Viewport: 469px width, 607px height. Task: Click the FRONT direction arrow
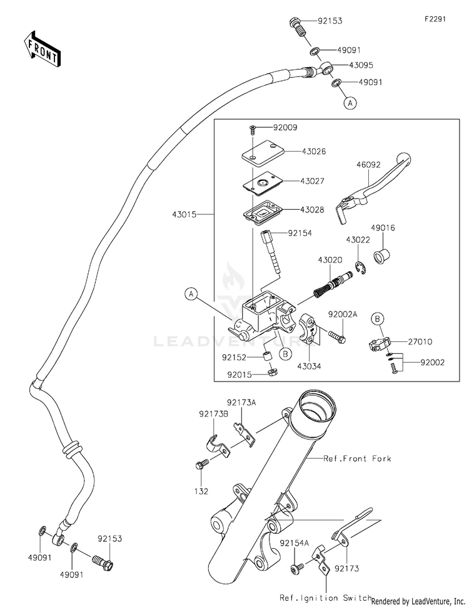(x=42, y=49)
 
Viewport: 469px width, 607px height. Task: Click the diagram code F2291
(x=435, y=19)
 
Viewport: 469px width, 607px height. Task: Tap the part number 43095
(x=361, y=65)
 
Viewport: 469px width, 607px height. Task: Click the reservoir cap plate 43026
(x=261, y=152)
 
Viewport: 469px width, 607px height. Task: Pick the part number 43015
(x=184, y=214)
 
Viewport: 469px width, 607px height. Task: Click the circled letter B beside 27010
(x=378, y=319)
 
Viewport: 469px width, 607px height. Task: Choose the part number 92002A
(x=343, y=314)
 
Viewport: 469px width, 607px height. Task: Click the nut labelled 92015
(x=273, y=373)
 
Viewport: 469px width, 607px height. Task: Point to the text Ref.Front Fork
(x=357, y=459)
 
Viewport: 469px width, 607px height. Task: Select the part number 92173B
(x=214, y=414)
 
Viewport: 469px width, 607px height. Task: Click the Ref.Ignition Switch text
(x=325, y=598)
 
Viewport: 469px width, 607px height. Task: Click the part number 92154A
(x=295, y=543)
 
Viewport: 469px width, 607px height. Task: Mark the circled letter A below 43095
(x=350, y=103)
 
